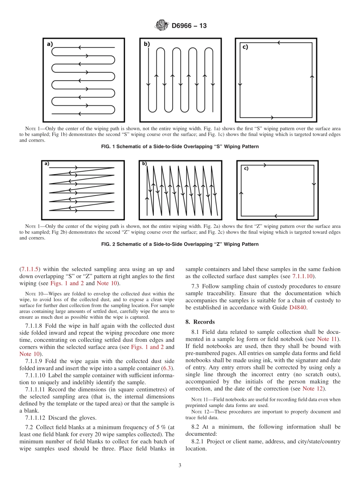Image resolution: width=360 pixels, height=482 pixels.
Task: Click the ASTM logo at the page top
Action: (161, 26)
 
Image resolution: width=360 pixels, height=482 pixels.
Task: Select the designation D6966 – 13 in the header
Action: (189, 26)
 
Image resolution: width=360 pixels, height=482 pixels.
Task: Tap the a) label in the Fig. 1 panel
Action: (50, 44)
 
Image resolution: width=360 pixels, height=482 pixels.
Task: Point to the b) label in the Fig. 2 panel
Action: (144, 164)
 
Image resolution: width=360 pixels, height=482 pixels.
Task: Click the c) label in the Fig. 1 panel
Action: (245, 47)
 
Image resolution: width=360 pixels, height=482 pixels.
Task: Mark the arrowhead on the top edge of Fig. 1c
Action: (279, 43)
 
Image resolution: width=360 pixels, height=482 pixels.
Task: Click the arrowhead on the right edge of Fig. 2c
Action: (314, 184)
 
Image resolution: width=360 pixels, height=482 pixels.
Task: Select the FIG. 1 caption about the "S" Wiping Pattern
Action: (180, 147)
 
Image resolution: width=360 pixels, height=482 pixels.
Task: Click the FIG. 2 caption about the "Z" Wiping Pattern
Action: (180, 244)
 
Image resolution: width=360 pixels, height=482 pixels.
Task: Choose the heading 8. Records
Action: (200, 322)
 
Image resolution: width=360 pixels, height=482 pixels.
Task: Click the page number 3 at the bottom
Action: (180, 465)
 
